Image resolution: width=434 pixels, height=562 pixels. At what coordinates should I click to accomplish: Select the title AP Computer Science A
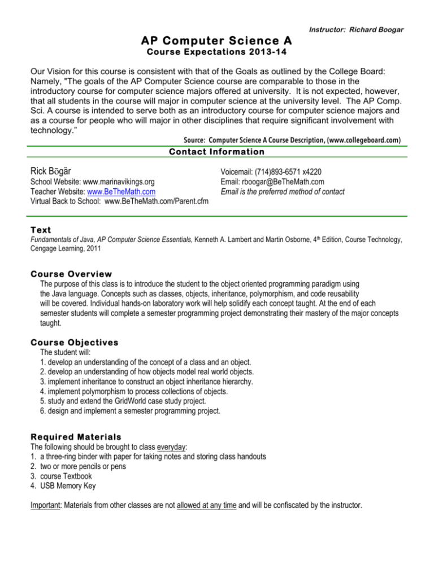[217, 41]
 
